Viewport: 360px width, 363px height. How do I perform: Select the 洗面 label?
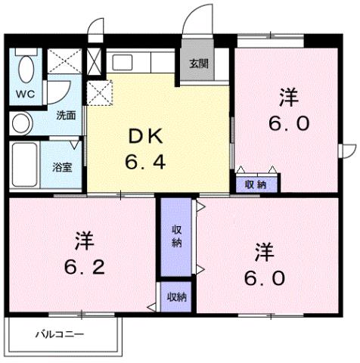pyautogui.click(x=66, y=116)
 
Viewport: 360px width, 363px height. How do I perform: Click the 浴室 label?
pyautogui.click(x=61, y=166)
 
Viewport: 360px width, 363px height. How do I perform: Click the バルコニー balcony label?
pyautogui.click(x=60, y=334)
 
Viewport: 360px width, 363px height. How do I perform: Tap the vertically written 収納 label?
pyautogui.click(x=175, y=236)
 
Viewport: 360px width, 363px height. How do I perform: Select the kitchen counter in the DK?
pyautogui.click(x=142, y=63)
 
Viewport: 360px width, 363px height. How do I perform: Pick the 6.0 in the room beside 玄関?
pyautogui.click(x=288, y=123)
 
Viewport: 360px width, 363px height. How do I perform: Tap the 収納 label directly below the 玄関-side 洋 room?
pyautogui.click(x=256, y=183)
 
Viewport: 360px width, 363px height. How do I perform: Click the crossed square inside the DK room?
pyautogui.click(x=100, y=94)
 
